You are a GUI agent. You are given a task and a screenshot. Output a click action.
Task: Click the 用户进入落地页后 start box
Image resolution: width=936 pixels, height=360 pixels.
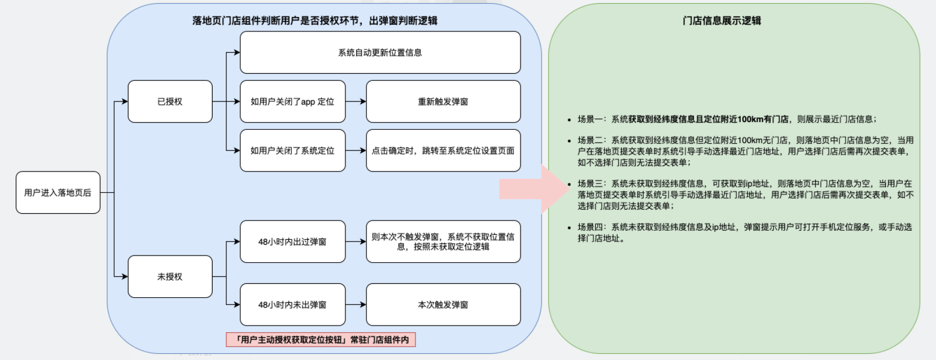(x=58, y=192)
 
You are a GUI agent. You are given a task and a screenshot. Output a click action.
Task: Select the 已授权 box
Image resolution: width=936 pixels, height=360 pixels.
(x=170, y=101)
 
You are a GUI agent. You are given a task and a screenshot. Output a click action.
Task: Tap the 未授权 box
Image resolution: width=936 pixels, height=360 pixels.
(x=170, y=277)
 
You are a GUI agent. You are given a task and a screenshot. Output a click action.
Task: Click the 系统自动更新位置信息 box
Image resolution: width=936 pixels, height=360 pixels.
(x=380, y=53)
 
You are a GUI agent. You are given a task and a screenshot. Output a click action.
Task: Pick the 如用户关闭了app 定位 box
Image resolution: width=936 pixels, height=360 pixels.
(x=292, y=101)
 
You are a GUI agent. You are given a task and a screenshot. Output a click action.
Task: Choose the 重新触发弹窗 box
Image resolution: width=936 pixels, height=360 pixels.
(x=443, y=101)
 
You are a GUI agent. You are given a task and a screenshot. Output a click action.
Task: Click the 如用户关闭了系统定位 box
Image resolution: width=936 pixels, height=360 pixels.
(x=292, y=150)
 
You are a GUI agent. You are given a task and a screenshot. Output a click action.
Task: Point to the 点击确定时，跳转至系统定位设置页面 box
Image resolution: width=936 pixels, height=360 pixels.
(x=443, y=150)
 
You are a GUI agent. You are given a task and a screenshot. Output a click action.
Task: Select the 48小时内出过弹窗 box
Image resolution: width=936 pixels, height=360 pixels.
(x=292, y=242)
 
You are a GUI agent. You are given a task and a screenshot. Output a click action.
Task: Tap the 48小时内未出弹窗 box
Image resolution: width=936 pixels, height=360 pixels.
(x=292, y=305)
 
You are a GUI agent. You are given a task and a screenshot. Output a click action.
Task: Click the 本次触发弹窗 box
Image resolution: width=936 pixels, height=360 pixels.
(x=443, y=305)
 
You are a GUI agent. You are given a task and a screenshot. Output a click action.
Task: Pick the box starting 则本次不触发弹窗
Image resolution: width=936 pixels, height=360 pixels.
(x=443, y=242)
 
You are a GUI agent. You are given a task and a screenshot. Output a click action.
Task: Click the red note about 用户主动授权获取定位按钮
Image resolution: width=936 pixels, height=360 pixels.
(x=321, y=340)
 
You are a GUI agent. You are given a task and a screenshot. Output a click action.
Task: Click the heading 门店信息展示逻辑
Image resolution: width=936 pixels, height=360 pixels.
(x=734, y=21)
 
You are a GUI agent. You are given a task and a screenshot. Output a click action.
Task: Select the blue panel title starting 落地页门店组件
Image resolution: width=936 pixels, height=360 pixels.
(x=315, y=21)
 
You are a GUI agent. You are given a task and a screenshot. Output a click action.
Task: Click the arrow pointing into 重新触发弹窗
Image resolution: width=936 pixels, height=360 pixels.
(x=356, y=101)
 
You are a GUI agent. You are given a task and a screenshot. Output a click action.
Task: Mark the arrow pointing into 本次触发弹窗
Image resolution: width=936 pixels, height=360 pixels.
(x=356, y=305)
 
